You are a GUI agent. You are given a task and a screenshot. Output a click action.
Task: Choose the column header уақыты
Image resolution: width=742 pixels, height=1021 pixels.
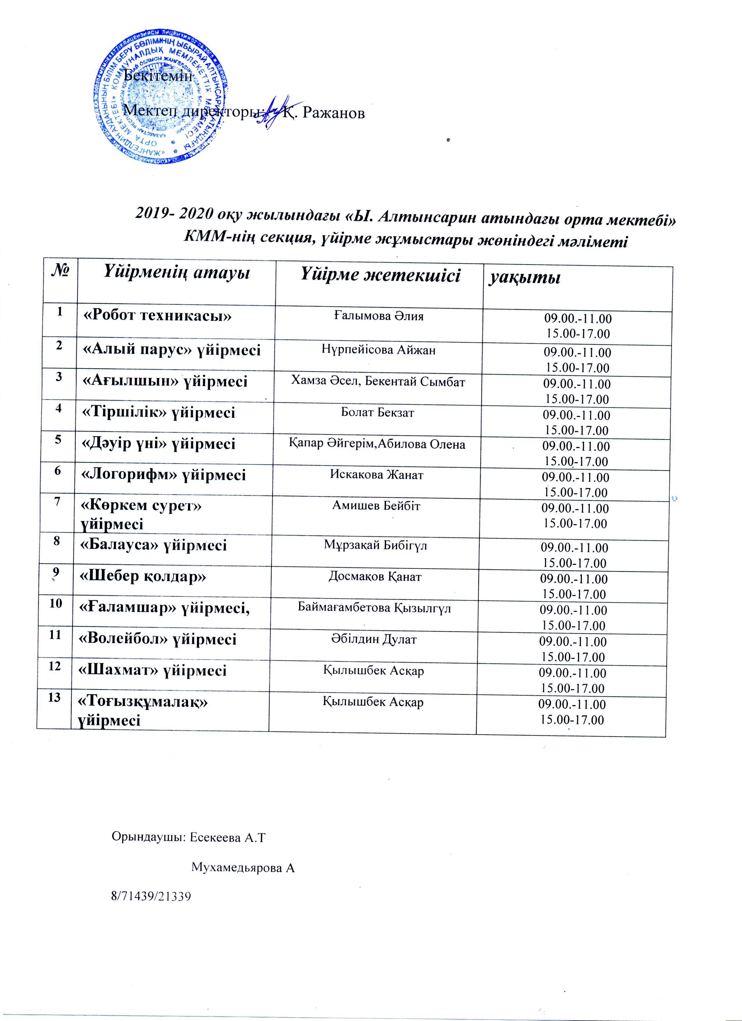click(x=525, y=278)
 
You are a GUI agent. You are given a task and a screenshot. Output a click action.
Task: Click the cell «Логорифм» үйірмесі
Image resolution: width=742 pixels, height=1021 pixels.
click(x=163, y=475)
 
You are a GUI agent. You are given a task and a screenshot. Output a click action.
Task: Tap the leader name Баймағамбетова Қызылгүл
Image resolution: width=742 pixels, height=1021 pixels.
click(x=374, y=609)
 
